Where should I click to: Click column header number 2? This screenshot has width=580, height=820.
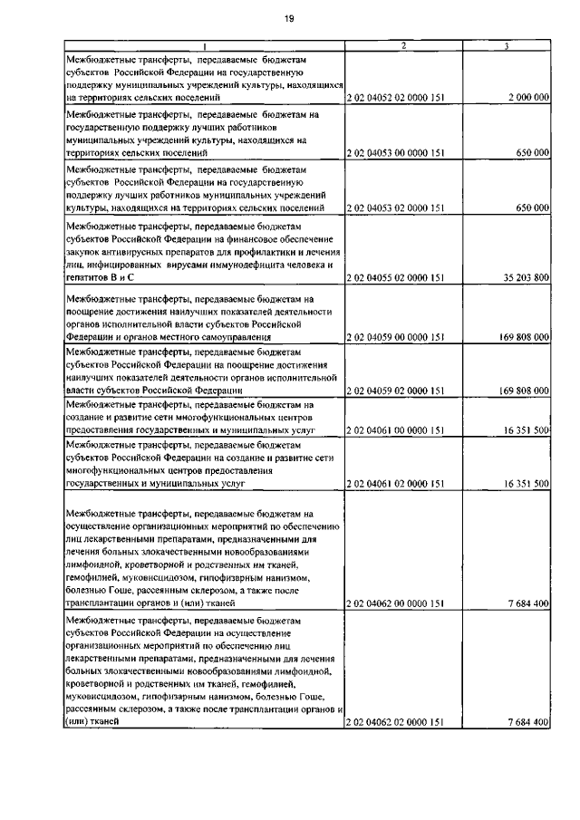click(x=402, y=45)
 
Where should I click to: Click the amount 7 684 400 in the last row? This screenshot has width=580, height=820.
click(x=528, y=722)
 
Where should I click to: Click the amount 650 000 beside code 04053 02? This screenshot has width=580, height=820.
click(x=532, y=208)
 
